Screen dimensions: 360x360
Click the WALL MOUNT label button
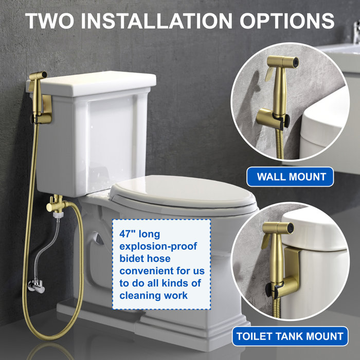291,177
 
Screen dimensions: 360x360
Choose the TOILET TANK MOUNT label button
290,337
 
